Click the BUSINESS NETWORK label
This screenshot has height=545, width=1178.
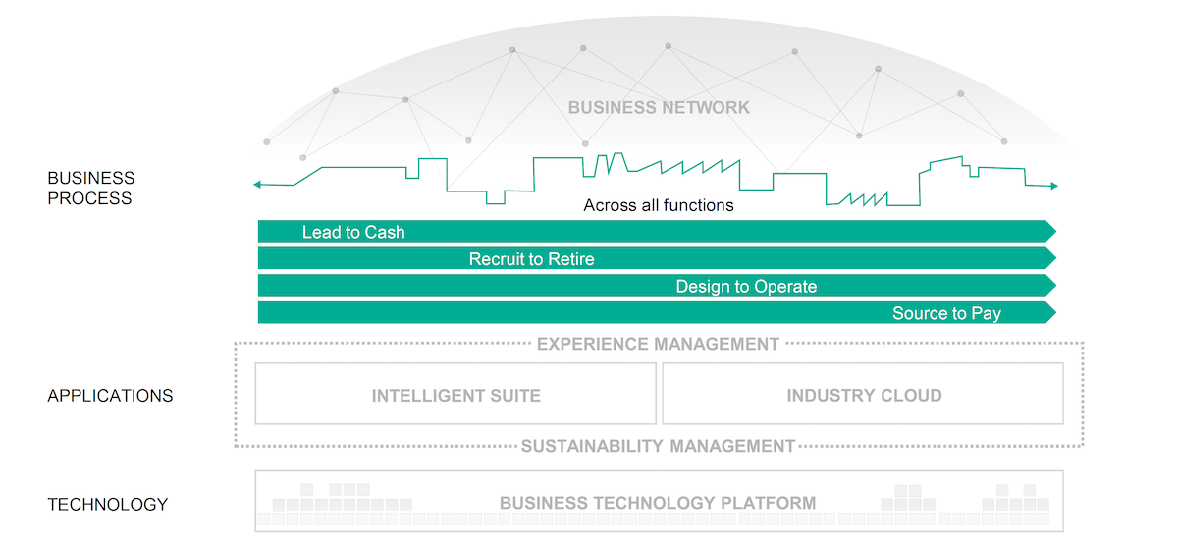[x=659, y=107]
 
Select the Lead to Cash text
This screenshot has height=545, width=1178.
[x=353, y=233]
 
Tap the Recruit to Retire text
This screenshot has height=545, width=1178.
[x=531, y=259]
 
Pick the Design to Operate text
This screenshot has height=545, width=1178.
[x=746, y=287]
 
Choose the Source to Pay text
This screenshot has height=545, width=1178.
[x=946, y=314]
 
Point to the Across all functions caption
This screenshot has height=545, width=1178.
[x=659, y=205]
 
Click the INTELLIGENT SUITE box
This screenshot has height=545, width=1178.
[x=455, y=395]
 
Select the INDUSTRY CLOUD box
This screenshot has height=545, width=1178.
[x=863, y=395]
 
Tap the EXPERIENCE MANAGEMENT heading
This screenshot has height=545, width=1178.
[x=658, y=344]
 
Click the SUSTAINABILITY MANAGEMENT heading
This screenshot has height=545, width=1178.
[x=658, y=446]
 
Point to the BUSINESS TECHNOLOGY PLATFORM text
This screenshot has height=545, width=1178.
[x=658, y=503]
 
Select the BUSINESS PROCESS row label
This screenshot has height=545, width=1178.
[x=91, y=188]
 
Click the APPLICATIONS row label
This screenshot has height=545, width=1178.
[x=110, y=396]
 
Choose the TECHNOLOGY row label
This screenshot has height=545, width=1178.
[x=108, y=504]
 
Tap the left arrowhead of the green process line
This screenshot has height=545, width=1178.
[x=257, y=184]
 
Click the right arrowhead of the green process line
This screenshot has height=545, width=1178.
[x=1054, y=186]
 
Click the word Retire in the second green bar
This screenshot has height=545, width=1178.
[x=571, y=259]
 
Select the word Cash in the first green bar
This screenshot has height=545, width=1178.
[x=385, y=233]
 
